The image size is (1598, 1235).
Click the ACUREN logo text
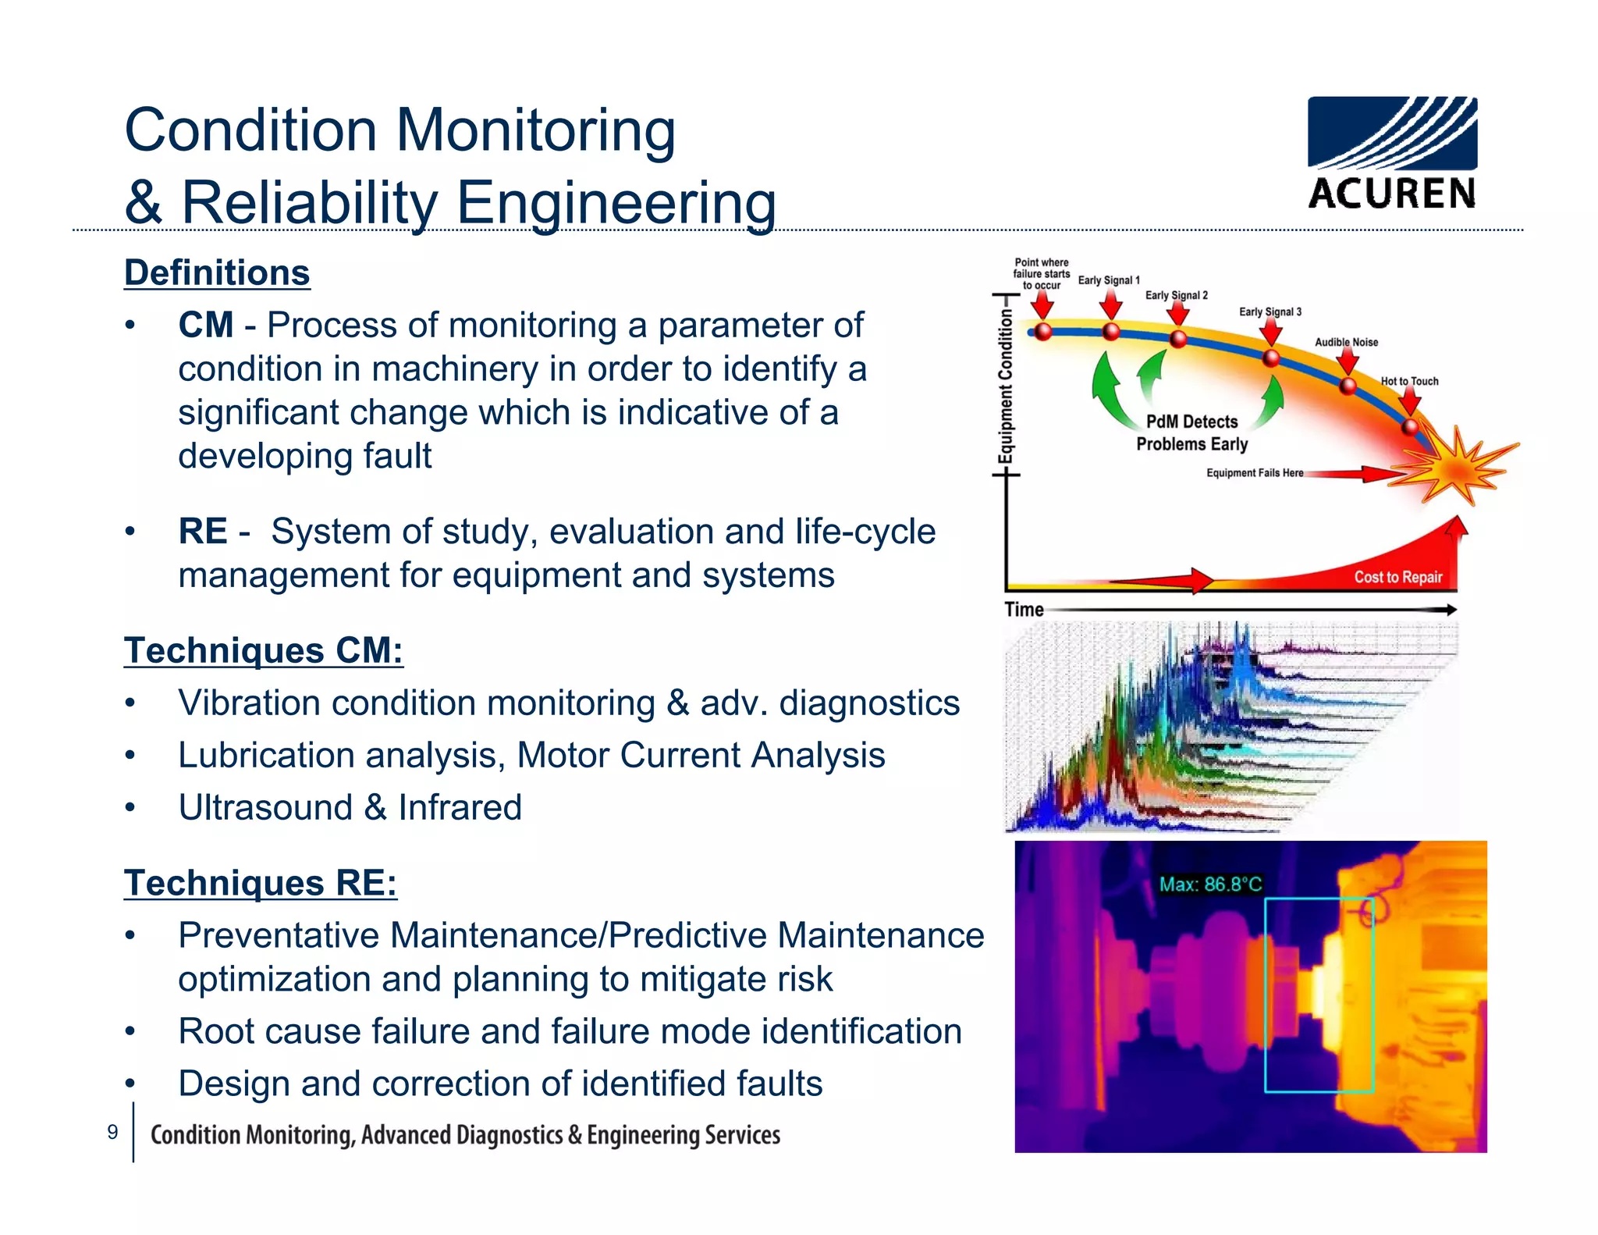1392,193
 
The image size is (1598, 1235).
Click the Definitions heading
217,273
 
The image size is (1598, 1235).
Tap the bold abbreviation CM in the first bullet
205,325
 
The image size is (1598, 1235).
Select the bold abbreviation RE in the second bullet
202,532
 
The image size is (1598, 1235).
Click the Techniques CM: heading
263,650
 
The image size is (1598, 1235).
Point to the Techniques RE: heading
260,883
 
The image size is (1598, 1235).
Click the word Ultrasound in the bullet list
265,807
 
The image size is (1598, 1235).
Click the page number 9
112,1132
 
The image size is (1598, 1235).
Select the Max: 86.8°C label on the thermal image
1209,884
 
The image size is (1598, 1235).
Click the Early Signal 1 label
1108,280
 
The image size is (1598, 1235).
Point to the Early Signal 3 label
1270,311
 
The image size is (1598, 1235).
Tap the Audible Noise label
1346,342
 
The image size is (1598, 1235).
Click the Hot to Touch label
1409,381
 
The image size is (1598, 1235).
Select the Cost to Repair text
1397,577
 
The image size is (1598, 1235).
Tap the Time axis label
1024,610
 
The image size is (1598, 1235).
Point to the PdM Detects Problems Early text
1191,432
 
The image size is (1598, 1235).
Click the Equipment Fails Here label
1254,473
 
